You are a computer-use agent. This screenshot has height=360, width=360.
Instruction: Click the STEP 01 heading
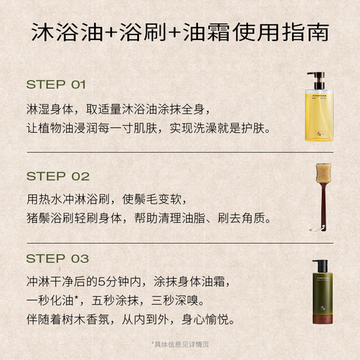pos(55,84)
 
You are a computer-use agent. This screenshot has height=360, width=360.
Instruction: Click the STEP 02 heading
pos(57,176)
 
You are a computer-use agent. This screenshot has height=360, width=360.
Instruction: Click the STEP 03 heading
pos(57,259)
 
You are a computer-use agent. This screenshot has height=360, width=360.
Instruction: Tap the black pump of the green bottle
pos(320,265)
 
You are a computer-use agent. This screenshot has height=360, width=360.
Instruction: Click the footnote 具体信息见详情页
pos(180,343)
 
